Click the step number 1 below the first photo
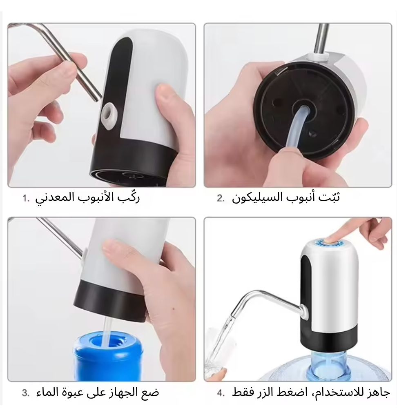click(x=26, y=198)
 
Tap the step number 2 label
click(x=221, y=198)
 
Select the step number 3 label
click(x=25, y=393)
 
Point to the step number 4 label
click(x=221, y=393)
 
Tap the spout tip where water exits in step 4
click(x=233, y=316)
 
